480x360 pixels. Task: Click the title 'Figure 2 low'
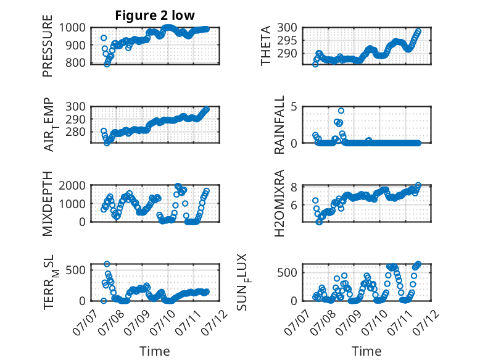pos(155,15)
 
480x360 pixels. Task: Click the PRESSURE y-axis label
pos(48,46)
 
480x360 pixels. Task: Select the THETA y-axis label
pos(266,46)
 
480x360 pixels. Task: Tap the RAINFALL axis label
pos(279,125)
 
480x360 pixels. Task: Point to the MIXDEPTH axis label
pos(48,204)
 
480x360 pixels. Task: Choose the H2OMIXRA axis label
pos(279,203)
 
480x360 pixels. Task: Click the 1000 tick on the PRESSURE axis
pos(72,28)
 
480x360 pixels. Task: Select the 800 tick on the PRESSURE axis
pos(76,63)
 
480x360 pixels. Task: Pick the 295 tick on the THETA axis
pos(287,40)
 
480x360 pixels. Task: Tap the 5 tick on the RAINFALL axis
pos(294,107)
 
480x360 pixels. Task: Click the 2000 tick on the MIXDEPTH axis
pos(72,186)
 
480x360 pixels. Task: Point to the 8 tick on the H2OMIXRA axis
pos(294,187)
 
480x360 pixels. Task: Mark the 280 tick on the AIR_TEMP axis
pos(76,132)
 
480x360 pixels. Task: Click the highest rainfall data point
pos(341,111)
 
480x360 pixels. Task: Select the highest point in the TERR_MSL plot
pos(107,264)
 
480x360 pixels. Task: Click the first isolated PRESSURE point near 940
pos(104,38)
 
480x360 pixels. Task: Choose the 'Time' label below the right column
pos(366,351)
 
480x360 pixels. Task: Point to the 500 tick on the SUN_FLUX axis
pos(287,273)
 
